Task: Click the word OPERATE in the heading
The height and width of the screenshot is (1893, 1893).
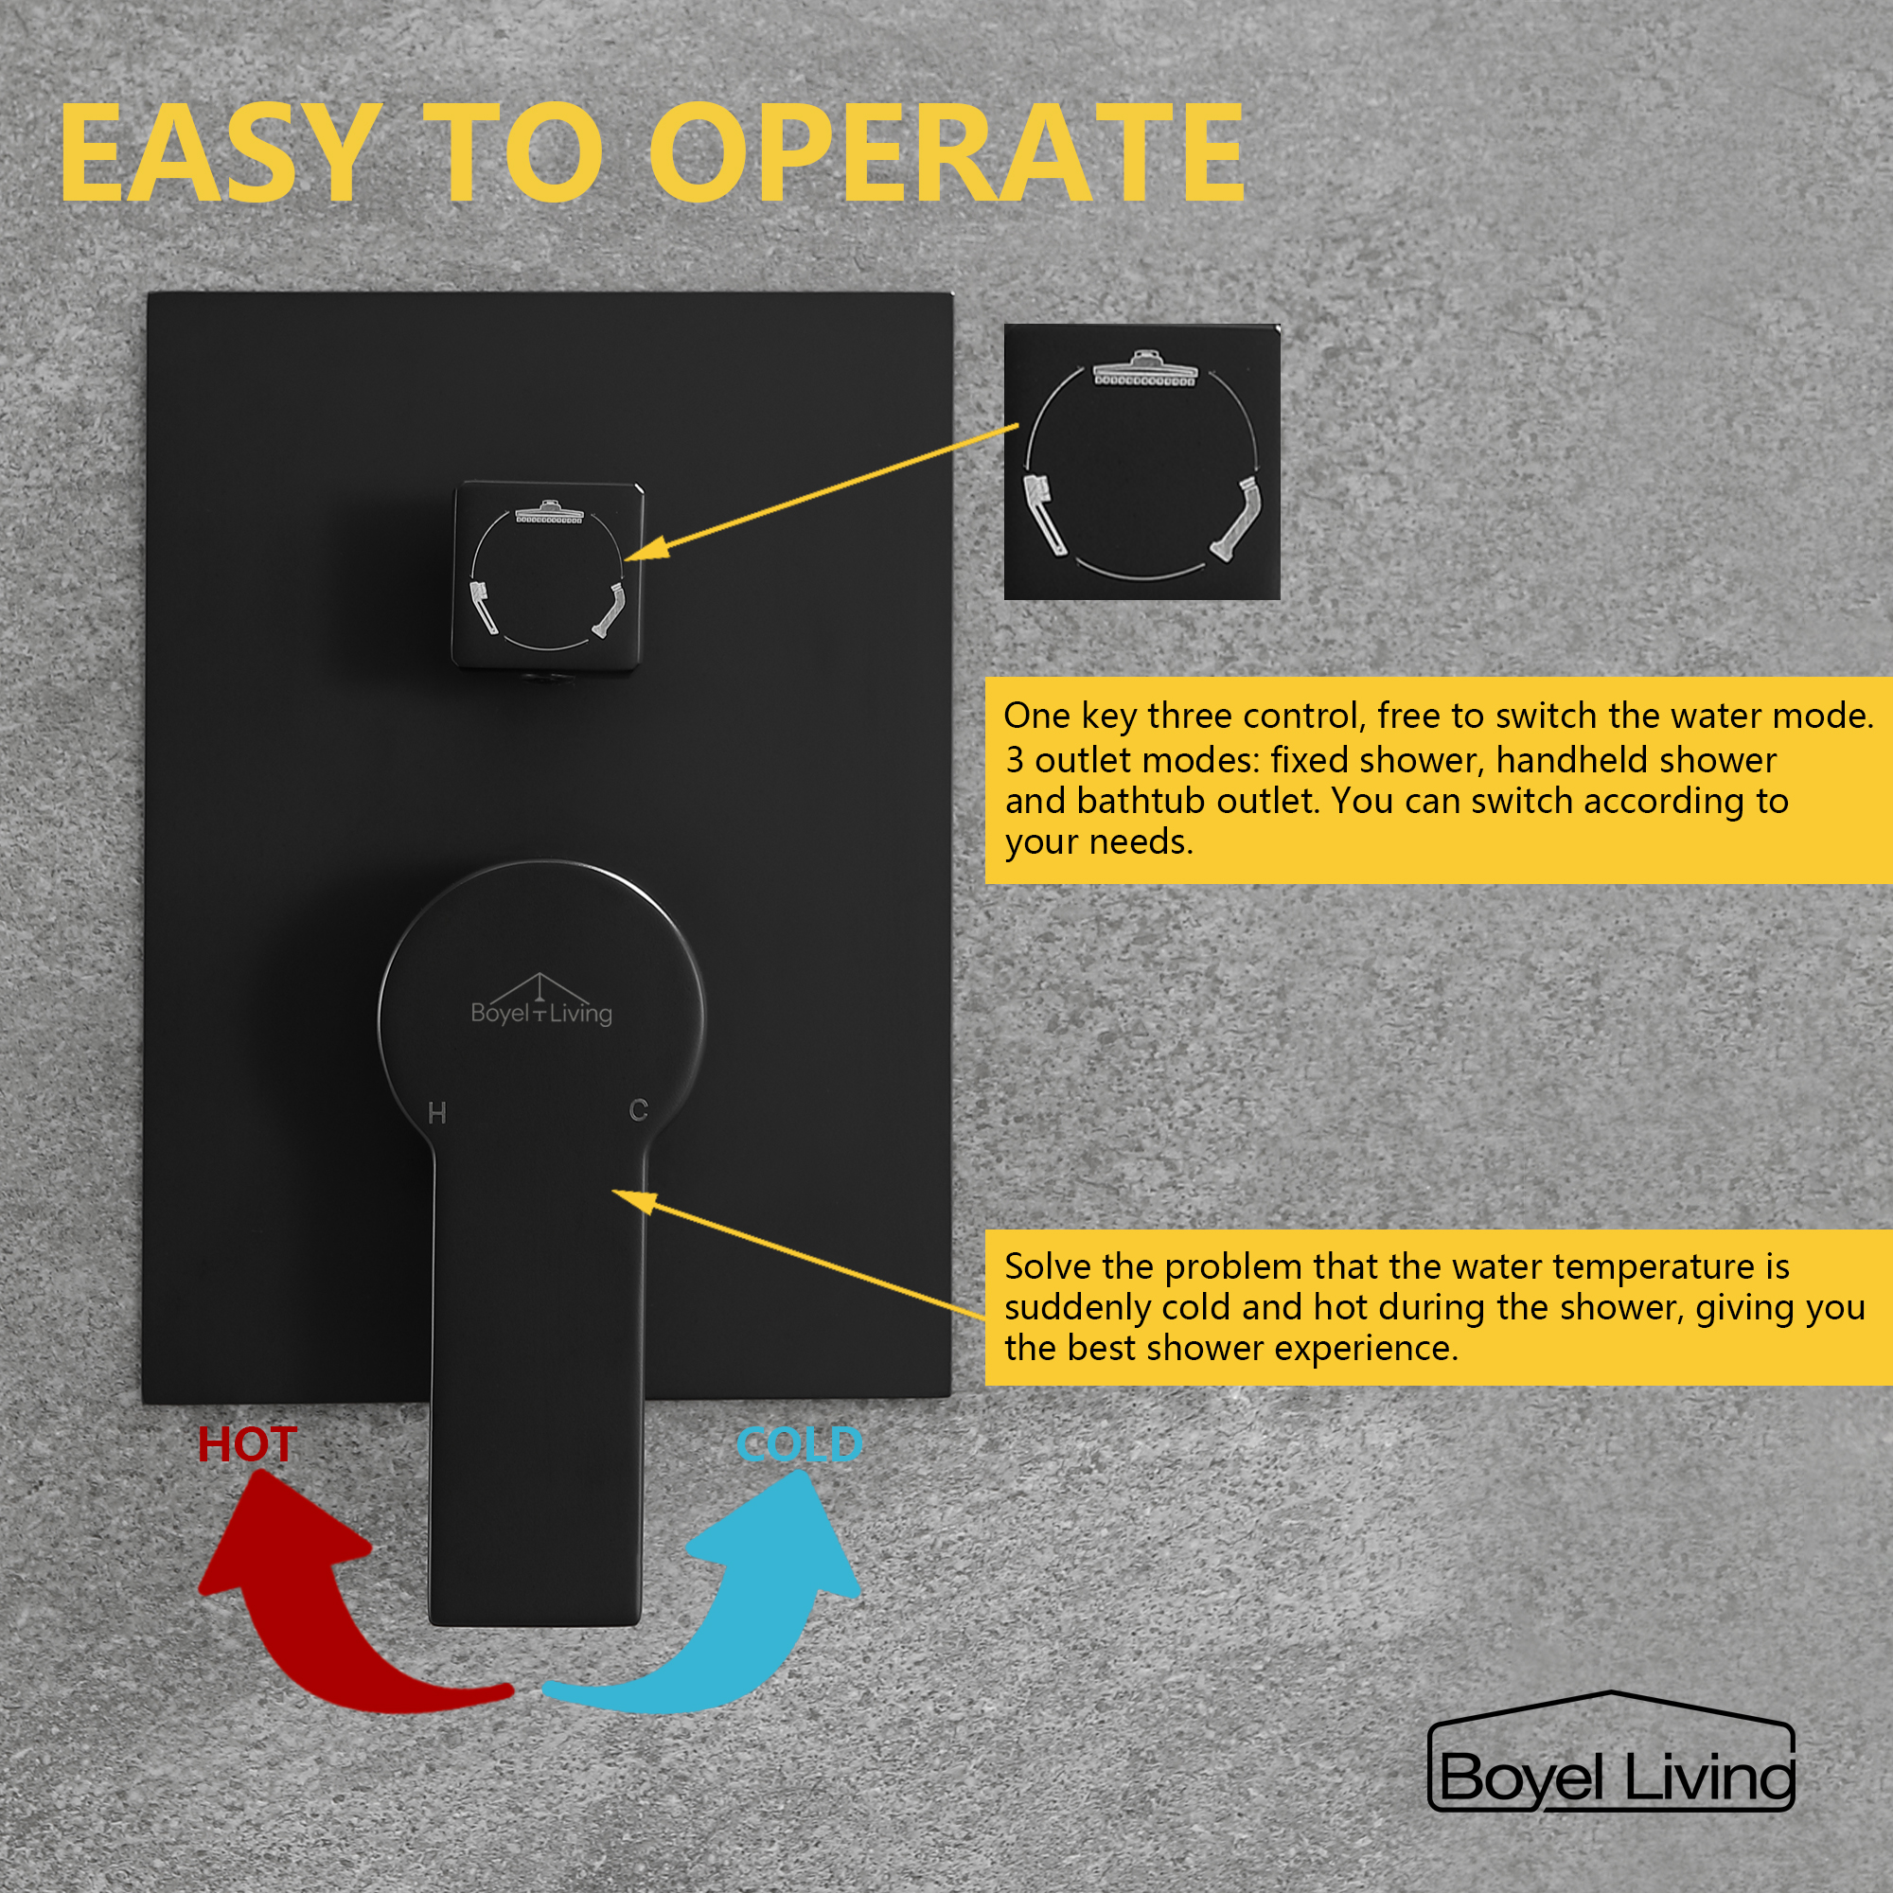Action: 946,155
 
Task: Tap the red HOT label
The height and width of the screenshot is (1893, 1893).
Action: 247,1445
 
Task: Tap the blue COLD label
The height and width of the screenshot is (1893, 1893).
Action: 800,1445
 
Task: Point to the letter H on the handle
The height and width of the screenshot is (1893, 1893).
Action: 437,1113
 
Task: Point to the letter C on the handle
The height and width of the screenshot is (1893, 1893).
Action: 639,1110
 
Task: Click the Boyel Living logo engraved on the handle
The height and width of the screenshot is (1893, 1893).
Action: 540,1002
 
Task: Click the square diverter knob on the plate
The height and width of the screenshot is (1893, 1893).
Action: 547,576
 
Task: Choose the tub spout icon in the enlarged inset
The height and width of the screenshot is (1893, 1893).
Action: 1237,517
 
